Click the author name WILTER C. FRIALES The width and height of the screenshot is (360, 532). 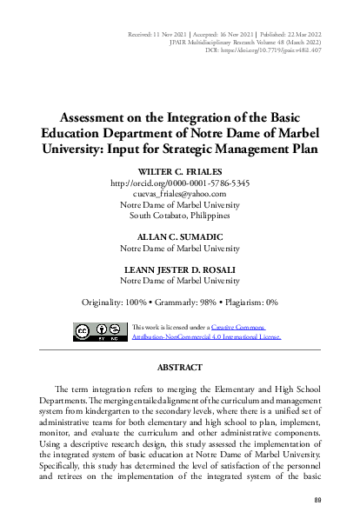pyautogui.click(x=181, y=173)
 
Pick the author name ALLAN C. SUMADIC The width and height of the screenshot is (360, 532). pyautogui.click(x=181, y=236)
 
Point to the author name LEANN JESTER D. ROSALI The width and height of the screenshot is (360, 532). pyautogui.click(x=181, y=269)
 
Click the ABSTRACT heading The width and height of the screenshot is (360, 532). pyautogui.click(x=180, y=367)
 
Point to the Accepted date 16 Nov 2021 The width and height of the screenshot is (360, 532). pyautogui.click(x=231, y=30)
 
